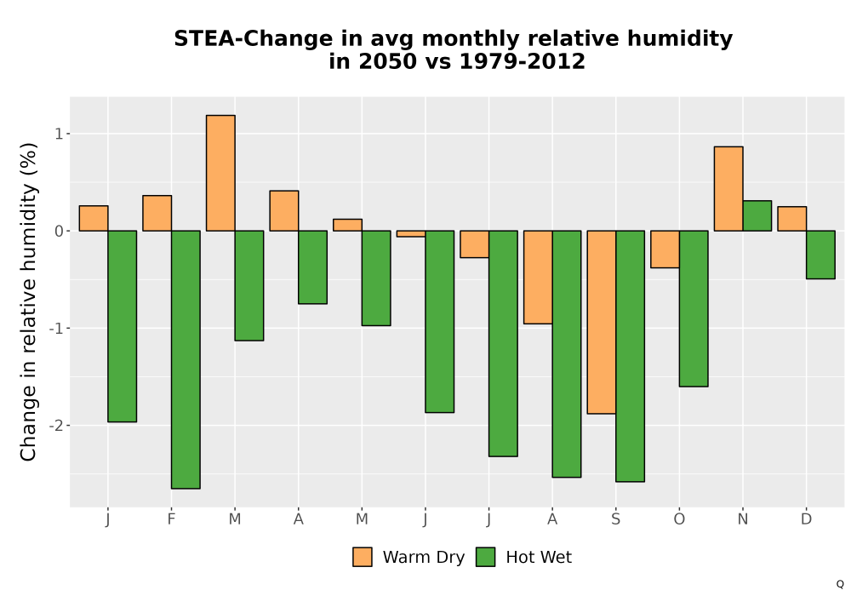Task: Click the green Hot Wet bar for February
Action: pos(186,359)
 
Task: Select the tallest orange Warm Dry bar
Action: pos(221,173)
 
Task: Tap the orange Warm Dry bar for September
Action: pos(602,323)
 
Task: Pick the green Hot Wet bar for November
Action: pos(757,216)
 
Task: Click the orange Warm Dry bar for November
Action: pos(728,189)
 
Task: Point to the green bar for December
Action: pos(820,255)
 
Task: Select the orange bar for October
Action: pos(665,249)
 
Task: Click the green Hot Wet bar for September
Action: pos(630,356)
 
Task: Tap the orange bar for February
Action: pos(157,214)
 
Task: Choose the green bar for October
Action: pos(694,309)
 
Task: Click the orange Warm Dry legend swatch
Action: pos(363,557)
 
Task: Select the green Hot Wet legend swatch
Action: pos(485,557)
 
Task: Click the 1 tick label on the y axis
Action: pos(60,134)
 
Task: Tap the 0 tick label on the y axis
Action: pos(60,231)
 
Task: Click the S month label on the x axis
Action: pos(615,519)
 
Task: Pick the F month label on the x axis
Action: pos(172,519)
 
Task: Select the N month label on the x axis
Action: pos(742,519)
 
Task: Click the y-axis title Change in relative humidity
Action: pos(29,301)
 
